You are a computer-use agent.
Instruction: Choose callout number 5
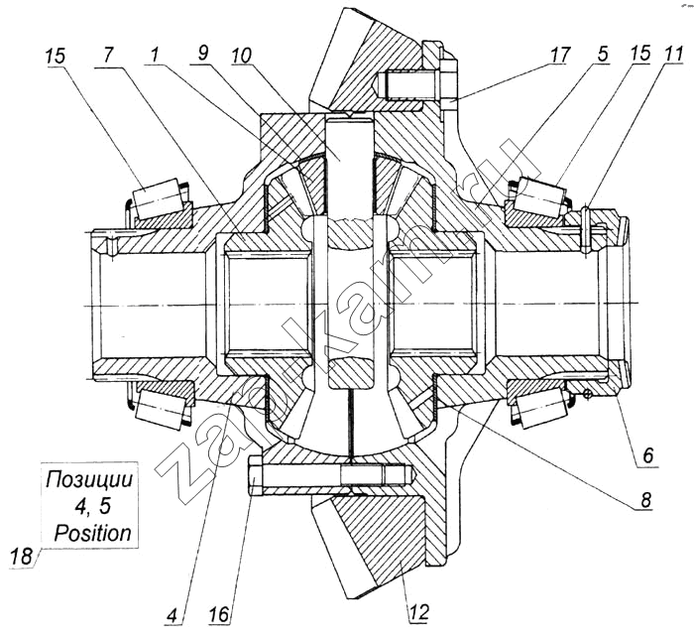tap(604, 55)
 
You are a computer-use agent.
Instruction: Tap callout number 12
tap(417, 612)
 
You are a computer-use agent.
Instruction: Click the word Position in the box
tap(92, 533)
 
